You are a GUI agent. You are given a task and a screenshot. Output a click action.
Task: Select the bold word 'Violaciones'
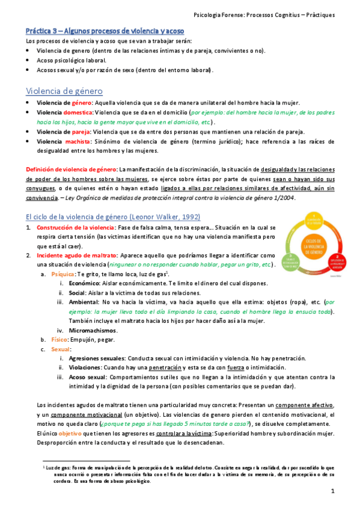pyautogui.click(x=85, y=367)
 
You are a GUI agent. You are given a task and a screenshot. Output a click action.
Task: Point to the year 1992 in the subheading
pyautogui.click(x=188, y=216)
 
